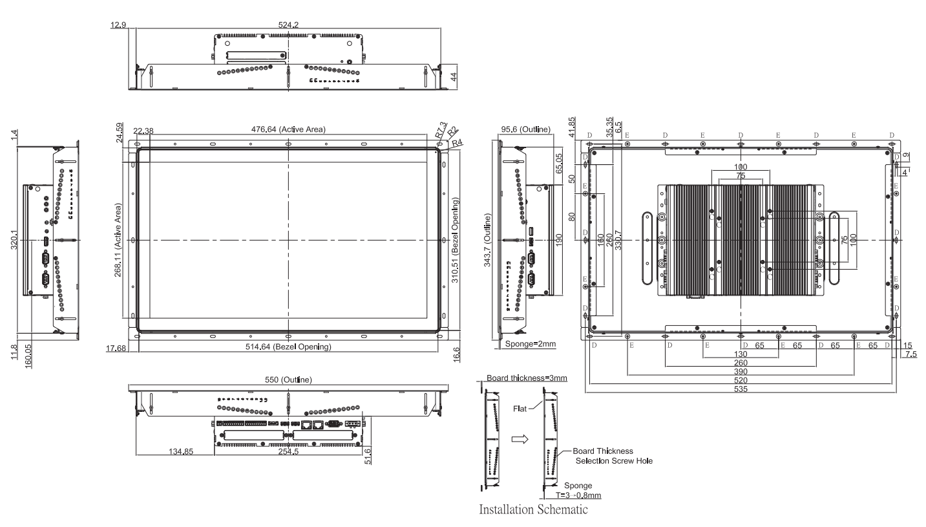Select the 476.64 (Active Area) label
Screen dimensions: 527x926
pyautogui.click(x=289, y=129)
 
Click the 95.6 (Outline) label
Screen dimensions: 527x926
pyautogui.click(x=526, y=129)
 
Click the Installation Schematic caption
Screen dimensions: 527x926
pyautogui.click(x=533, y=510)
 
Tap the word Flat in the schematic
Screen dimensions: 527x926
pyautogui.click(x=521, y=409)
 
